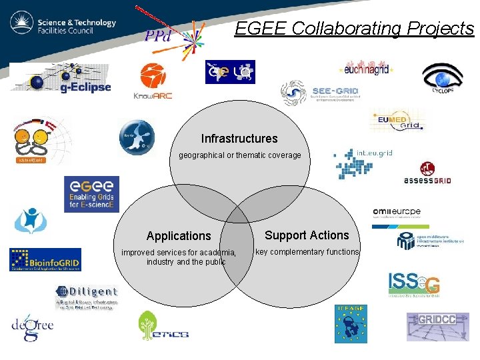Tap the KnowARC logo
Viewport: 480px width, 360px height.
(x=153, y=81)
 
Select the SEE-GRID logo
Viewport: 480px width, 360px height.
(x=321, y=94)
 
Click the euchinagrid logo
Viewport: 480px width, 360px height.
(x=367, y=68)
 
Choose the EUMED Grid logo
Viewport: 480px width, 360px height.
(x=398, y=121)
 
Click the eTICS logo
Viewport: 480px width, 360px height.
(x=163, y=327)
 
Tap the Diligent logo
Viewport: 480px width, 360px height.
(x=87, y=297)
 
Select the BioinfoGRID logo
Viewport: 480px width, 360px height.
(x=45, y=260)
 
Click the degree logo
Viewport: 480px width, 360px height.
(x=32, y=328)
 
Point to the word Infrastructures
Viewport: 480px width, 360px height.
(x=239, y=139)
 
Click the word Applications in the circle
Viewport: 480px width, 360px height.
(x=179, y=236)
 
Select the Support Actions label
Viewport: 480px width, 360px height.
(x=307, y=235)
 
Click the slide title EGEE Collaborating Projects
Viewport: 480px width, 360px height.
(x=354, y=29)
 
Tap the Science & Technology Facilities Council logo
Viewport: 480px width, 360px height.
(x=63, y=25)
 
